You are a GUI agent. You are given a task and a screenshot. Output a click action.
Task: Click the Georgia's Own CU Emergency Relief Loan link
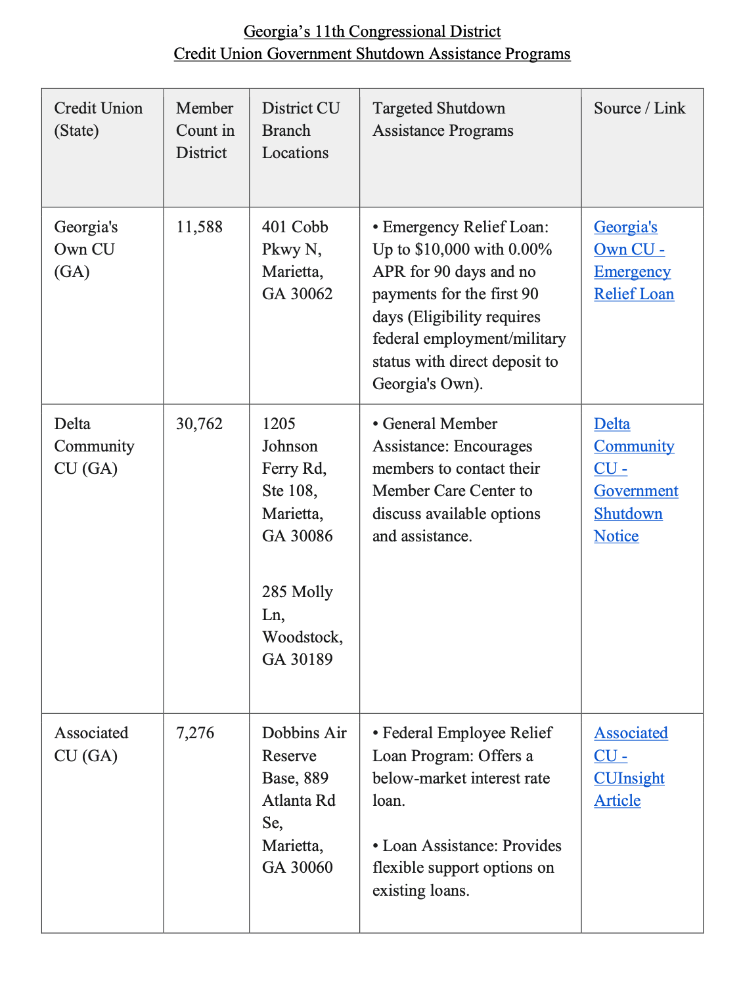click(633, 261)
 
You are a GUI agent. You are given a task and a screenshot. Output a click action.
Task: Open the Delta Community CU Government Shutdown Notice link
click(635, 480)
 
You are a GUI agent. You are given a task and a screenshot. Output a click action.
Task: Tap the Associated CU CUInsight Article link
click(630, 766)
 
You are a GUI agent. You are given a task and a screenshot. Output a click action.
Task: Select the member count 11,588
click(199, 227)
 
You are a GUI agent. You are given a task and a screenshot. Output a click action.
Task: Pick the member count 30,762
click(199, 424)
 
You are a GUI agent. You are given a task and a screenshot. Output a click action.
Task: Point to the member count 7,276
click(195, 733)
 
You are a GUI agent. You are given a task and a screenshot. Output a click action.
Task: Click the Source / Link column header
click(639, 108)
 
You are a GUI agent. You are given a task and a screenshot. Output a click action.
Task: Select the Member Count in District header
click(205, 131)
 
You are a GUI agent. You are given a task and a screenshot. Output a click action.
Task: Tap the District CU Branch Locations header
click(300, 131)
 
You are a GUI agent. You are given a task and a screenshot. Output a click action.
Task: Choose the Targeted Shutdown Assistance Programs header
click(443, 119)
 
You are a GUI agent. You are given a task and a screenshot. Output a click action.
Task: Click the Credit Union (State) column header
click(98, 119)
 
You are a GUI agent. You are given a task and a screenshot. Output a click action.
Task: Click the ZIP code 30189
click(311, 659)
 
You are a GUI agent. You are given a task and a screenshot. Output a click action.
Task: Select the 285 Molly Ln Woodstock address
click(302, 625)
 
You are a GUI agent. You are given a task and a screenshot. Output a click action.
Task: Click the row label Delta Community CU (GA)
click(94, 446)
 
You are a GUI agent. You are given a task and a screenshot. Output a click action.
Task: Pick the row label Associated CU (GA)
click(91, 744)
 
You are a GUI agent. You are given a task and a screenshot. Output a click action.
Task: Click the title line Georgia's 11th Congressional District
click(372, 31)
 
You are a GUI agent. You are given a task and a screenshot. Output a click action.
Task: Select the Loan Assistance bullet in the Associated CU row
click(466, 868)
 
